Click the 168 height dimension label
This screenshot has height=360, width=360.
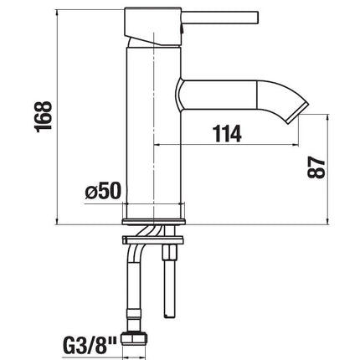(x=43, y=116)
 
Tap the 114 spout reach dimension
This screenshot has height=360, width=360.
(x=227, y=134)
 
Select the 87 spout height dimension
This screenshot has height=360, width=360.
(x=316, y=167)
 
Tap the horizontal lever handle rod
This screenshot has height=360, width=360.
(x=220, y=18)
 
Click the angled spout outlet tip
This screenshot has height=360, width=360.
(x=298, y=113)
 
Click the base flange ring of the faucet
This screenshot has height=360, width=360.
(x=153, y=222)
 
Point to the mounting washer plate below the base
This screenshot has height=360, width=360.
(x=152, y=240)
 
